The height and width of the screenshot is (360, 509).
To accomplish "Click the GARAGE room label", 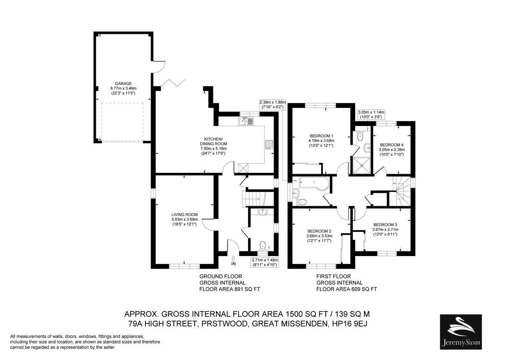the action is coord(123,84).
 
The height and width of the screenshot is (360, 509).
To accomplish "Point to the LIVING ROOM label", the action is coord(185,214).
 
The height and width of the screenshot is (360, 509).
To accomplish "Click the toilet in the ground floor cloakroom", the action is coord(263,246).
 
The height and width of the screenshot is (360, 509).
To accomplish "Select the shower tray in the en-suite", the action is coord(361,166).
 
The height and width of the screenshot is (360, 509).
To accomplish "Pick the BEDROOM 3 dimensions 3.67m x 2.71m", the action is coord(386,230).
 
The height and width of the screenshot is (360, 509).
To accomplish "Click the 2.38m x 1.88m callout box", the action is coord(273,104).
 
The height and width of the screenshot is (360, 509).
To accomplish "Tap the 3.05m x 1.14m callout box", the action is coord(371,115).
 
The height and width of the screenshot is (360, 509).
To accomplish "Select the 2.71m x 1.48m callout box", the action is coord(265,262).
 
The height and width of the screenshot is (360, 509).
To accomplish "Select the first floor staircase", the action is coord(402,191).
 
